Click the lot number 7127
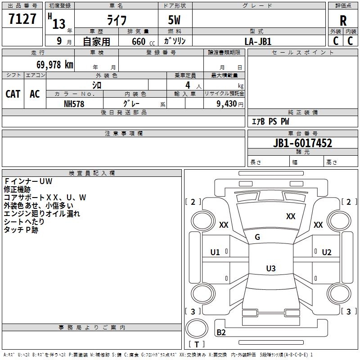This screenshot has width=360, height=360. pos(22,19)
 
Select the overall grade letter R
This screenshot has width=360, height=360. pos(343,21)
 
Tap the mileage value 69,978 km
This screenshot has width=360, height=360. pos(55,65)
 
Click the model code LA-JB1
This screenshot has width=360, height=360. pos(258,41)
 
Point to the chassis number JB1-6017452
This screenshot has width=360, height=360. pos(302,143)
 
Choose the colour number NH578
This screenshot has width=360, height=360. pos(74,104)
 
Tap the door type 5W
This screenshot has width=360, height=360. pos(174,20)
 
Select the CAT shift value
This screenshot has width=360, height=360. pos(13,94)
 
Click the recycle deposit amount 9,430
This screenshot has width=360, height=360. pos(227,104)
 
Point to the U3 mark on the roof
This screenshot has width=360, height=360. pos(271,268)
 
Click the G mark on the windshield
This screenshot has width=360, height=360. pos(257,237)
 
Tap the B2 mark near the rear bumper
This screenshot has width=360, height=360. pos(221,332)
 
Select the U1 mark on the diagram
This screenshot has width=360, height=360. pos(215,252)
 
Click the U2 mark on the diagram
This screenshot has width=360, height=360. pos(327,252)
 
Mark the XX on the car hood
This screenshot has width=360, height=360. pos(291,216)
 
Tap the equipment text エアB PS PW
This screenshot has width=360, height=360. pos(270,121)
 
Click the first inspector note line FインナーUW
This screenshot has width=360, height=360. pos(28,181)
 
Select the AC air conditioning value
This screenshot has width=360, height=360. pos(35,94)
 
